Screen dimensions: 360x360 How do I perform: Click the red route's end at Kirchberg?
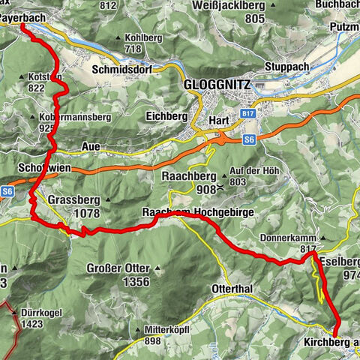click(x=334, y=335)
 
